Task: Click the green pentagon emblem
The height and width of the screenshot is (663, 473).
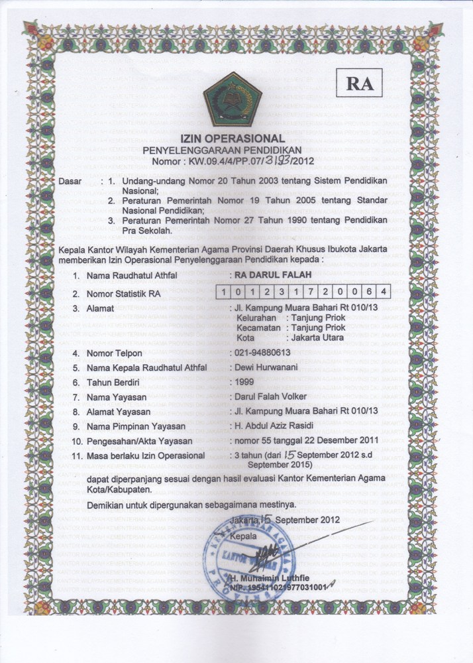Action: tap(233, 99)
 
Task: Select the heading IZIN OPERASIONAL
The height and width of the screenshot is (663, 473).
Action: tap(236, 139)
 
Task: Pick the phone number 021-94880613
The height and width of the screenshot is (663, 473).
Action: tap(262, 353)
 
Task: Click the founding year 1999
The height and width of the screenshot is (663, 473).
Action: tap(241, 382)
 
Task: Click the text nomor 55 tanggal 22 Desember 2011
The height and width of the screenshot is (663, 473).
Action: tap(304, 440)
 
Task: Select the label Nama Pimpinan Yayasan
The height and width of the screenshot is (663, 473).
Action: tap(135, 426)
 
